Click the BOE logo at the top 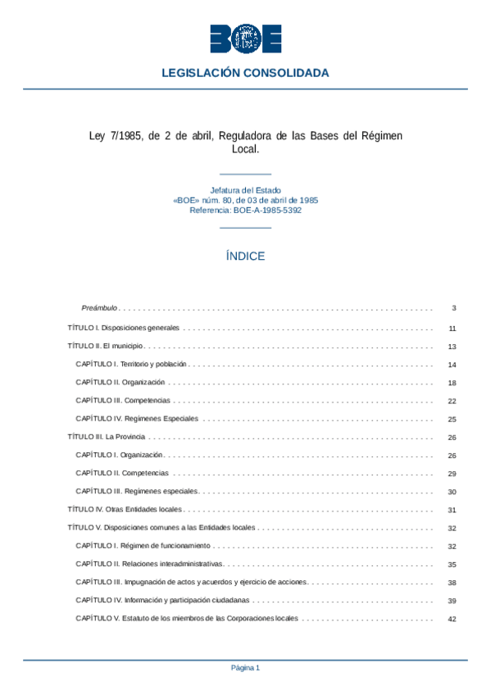point(245,39)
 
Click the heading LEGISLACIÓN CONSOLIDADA point(245,73)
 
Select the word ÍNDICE point(245,257)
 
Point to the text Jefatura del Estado point(245,190)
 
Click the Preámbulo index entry point(100,309)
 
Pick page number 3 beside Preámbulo point(453,309)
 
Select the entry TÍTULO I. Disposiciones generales point(123,328)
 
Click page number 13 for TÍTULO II point(452,347)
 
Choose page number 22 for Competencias point(452,402)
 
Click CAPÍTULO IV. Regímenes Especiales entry point(137,419)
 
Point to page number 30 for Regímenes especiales point(452,493)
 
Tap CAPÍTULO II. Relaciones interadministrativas point(149,565)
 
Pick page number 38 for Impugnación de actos point(452,583)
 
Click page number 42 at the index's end point(452,620)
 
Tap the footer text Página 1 point(245,668)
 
